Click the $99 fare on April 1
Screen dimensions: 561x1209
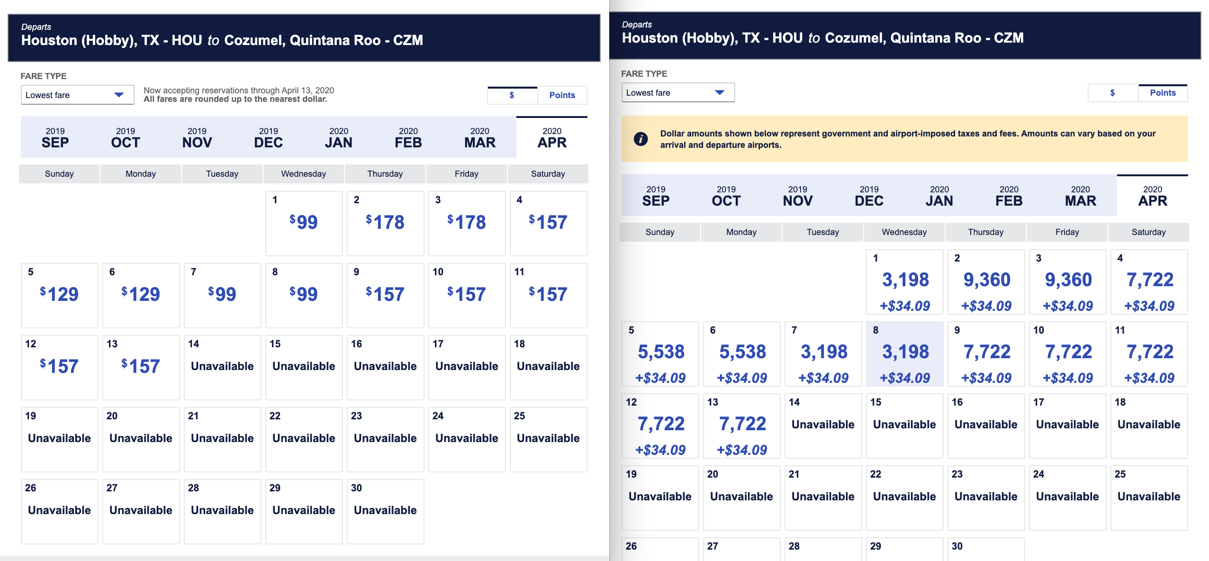click(x=304, y=222)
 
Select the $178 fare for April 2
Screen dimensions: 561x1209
click(x=385, y=222)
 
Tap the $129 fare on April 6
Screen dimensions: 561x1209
click(x=141, y=294)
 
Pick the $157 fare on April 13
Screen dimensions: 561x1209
click(x=141, y=366)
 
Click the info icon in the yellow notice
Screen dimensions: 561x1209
click(x=641, y=139)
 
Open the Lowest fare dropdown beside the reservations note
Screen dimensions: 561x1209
click(x=77, y=95)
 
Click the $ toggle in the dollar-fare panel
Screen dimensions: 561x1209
click(x=512, y=95)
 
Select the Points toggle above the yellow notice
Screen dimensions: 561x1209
click(x=1163, y=93)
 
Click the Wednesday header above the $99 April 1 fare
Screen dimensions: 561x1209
click(x=304, y=174)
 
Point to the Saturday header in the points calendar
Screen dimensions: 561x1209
click(x=1148, y=232)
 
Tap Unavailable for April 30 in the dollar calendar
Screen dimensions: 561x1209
click(x=385, y=510)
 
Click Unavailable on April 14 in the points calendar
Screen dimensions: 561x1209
click(x=823, y=425)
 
